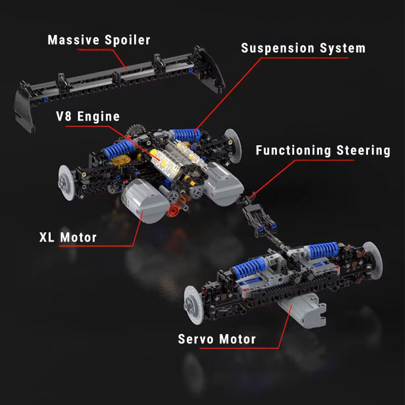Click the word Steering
(364, 151)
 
